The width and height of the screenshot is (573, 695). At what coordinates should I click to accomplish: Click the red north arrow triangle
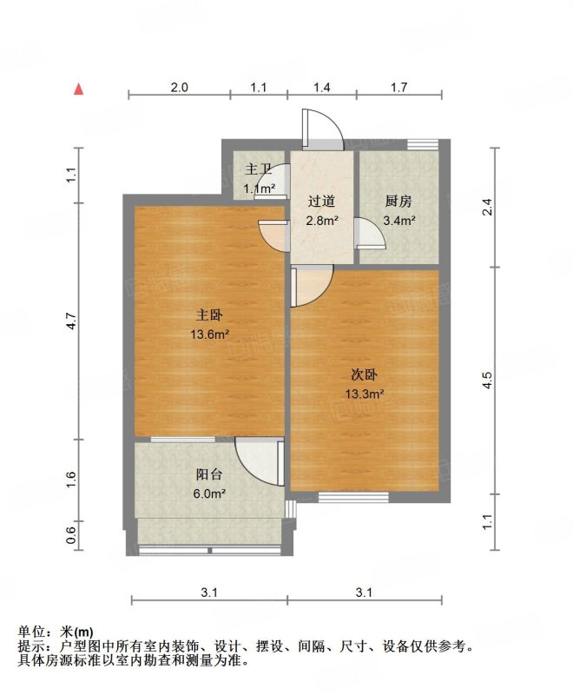click(79, 89)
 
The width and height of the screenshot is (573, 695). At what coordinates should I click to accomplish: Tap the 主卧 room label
click(209, 315)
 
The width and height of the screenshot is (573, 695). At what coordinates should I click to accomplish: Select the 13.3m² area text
click(364, 394)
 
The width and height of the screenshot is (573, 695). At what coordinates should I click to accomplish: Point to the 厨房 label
click(398, 202)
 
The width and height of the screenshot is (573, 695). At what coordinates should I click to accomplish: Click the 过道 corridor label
click(321, 202)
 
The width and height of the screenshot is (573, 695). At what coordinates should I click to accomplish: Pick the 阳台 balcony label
click(209, 474)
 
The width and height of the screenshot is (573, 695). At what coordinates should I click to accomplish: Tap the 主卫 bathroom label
click(258, 169)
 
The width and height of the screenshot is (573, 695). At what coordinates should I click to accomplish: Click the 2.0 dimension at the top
click(179, 88)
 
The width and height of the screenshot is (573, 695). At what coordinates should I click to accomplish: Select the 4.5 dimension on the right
click(488, 381)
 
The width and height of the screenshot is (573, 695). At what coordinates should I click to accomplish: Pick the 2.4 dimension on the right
click(488, 207)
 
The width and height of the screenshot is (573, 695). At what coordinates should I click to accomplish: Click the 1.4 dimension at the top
click(322, 88)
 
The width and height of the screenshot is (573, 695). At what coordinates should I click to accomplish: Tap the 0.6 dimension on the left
click(72, 536)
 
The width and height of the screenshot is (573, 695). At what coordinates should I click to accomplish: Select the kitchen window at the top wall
click(423, 144)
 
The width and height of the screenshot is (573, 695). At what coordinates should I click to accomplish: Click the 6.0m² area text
click(210, 493)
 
